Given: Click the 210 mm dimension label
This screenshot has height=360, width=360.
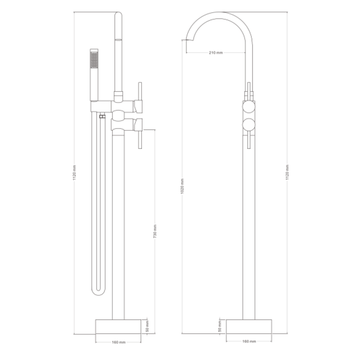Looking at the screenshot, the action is point(216,52).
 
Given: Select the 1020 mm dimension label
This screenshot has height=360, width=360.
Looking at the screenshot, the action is point(182,186).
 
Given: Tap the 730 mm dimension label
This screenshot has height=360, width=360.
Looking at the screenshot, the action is point(155,231).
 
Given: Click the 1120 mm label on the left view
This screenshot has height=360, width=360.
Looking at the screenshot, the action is point(74,172).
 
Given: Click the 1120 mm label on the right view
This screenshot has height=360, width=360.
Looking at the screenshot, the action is point(288,172).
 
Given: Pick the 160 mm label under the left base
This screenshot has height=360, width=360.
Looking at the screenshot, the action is point(119,342).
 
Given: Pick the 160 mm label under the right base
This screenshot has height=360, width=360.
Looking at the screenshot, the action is point(249,342).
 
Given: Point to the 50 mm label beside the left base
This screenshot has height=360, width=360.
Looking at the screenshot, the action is point(147,326).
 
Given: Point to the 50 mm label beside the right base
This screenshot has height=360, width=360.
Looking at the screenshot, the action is point(220,326).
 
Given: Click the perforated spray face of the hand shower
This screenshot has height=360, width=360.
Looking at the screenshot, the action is point(94,60).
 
